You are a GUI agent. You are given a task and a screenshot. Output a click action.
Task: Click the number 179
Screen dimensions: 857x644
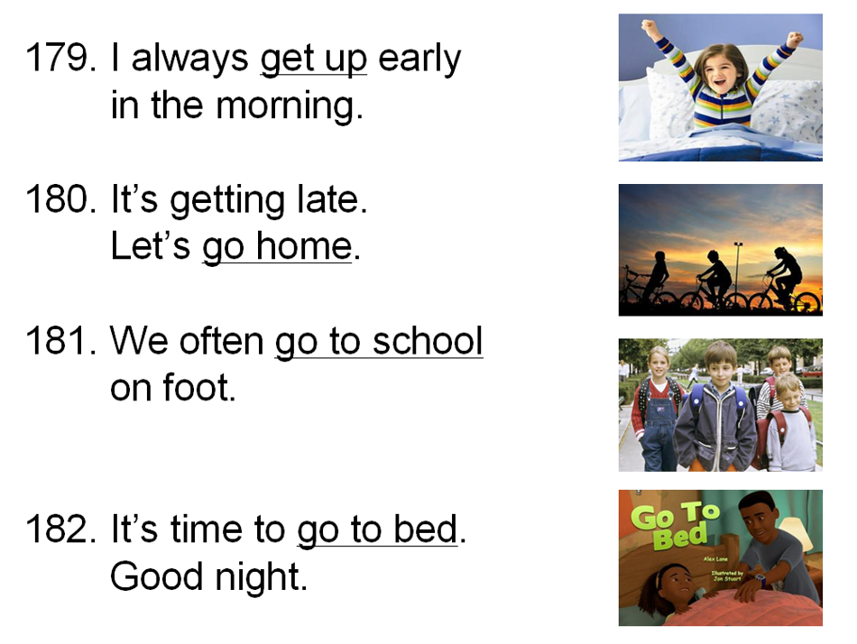tap(60, 58)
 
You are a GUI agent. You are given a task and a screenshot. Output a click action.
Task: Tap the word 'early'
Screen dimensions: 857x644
tap(419, 59)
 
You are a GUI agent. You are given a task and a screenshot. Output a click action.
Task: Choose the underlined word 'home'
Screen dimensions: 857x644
tap(304, 246)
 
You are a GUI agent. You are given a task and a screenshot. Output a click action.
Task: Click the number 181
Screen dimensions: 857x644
tap(60, 341)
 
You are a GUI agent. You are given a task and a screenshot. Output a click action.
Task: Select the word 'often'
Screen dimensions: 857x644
tap(222, 340)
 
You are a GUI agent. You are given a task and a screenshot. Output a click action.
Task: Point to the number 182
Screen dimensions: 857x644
tap(60, 529)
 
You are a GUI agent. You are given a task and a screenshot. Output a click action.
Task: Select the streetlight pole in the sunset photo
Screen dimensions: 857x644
tap(738, 271)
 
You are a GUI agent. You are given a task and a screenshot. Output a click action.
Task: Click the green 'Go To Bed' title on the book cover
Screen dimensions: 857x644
tap(674, 524)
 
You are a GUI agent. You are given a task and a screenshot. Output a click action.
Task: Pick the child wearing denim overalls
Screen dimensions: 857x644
tap(658, 409)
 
